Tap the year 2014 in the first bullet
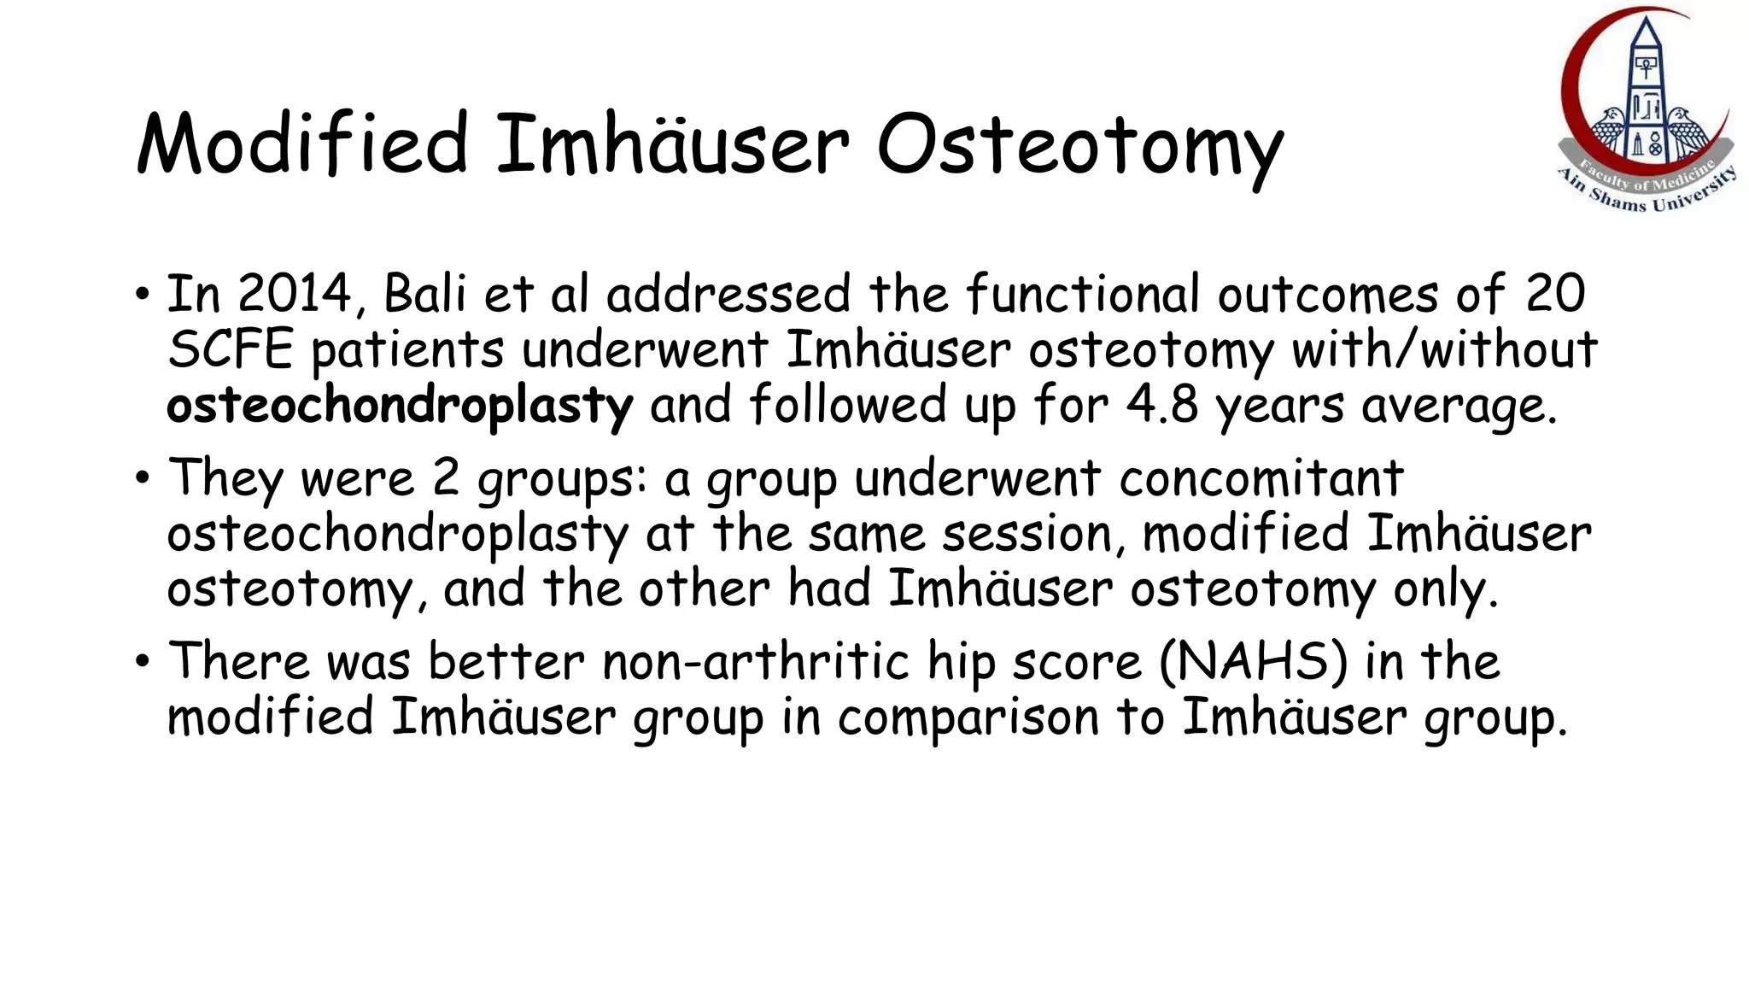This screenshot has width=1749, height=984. (293, 294)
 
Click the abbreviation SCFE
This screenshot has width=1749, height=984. (230, 349)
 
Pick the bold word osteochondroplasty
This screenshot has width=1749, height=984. (400, 406)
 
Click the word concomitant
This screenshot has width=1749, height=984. (1261, 478)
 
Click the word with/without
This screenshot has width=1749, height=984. (1444, 349)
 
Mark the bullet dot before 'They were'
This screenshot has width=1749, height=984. (142, 477)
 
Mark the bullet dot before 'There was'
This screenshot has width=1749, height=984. (142, 661)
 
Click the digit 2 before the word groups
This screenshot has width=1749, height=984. (446, 478)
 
